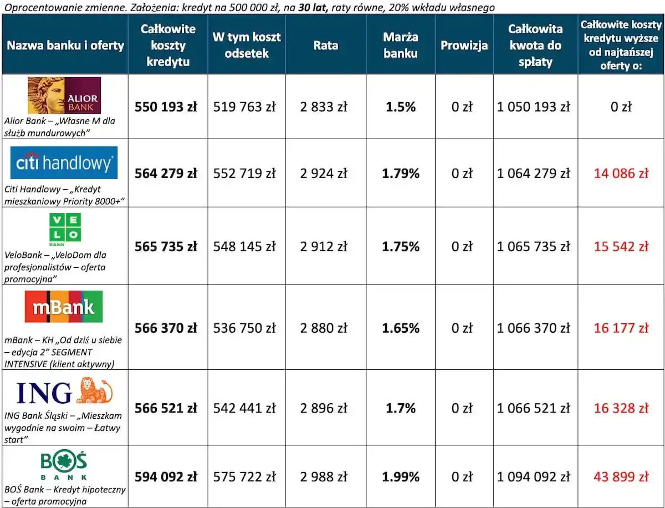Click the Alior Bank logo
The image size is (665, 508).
click(x=64, y=95)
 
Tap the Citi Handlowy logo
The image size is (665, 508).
click(x=64, y=162)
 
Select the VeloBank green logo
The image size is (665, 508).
click(x=65, y=229)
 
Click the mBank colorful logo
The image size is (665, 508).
click(x=64, y=307)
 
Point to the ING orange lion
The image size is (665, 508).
click(x=94, y=390)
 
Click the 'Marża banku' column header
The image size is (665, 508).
click(x=400, y=45)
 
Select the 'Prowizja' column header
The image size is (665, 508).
click(x=464, y=45)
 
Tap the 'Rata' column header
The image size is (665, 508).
click(x=325, y=45)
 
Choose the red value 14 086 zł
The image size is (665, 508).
click(x=621, y=174)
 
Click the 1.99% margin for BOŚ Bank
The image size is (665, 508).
click(x=400, y=476)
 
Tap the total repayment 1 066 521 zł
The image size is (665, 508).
click(x=533, y=408)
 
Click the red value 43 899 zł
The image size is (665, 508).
click(x=621, y=476)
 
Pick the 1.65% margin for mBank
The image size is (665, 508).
click(x=400, y=328)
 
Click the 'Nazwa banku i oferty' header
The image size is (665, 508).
click(x=65, y=45)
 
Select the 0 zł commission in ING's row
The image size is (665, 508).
click(x=462, y=408)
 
